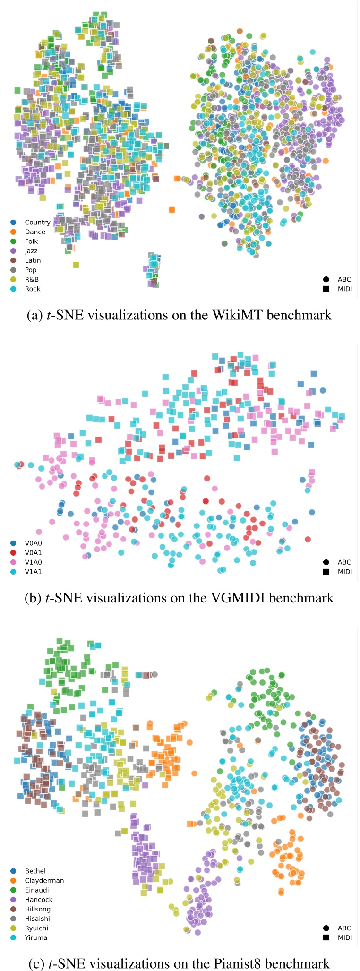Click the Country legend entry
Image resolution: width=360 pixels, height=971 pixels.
37,222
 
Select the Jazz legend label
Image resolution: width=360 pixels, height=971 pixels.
31,251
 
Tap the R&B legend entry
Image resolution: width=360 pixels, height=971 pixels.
32,279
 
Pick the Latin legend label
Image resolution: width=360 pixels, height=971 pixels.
33,260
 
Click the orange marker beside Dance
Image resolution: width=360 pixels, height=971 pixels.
13,232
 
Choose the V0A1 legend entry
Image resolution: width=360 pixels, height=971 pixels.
33,552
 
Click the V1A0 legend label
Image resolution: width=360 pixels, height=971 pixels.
33,562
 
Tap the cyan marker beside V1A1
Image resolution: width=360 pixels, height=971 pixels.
13,572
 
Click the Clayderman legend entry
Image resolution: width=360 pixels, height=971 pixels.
44,880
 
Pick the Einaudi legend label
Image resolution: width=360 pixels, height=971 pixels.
37,890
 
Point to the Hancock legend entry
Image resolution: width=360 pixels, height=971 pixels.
39,900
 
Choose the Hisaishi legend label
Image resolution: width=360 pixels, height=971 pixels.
37,919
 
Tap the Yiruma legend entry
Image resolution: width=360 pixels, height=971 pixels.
36,937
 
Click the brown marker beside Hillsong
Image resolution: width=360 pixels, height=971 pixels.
13,909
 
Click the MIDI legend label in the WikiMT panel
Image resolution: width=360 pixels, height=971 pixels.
344,289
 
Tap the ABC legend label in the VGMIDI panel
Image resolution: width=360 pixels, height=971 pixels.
344,562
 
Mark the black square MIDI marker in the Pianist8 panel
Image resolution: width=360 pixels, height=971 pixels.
326,937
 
